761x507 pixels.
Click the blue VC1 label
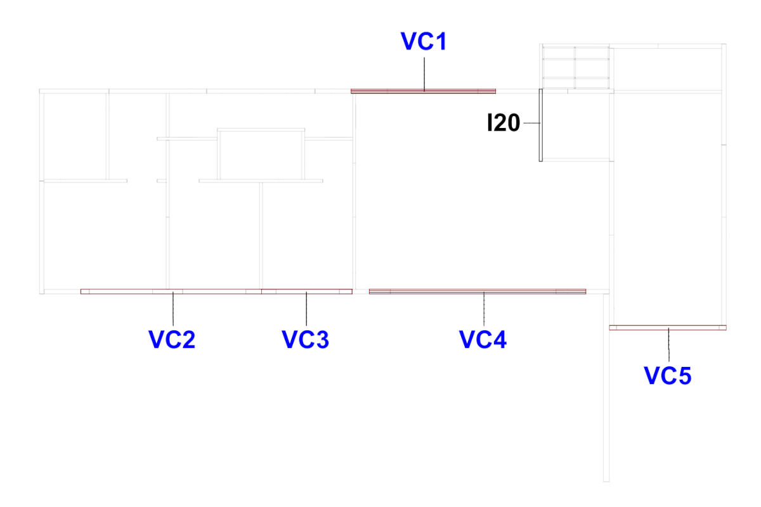click(x=424, y=41)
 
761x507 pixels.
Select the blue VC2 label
click(x=172, y=339)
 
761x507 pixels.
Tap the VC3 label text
click(x=306, y=339)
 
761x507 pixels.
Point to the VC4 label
click(x=483, y=339)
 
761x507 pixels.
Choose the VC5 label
click(x=668, y=376)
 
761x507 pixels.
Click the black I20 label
click(x=504, y=123)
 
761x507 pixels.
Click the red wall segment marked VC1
click(x=424, y=91)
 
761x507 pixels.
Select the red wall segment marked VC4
click(x=478, y=292)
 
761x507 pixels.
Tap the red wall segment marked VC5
click(x=668, y=328)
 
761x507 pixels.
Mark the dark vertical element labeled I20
click(x=540, y=125)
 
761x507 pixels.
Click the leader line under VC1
click(x=424, y=74)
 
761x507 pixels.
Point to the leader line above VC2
click(x=173, y=309)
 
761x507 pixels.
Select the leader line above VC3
click(x=306, y=309)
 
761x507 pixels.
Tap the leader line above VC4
click(x=484, y=309)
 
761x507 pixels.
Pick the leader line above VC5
click(x=668, y=345)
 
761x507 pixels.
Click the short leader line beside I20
click(x=531, y=123)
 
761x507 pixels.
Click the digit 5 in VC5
click(x=684, y=376)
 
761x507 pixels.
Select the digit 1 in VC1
click(x=440, y=41)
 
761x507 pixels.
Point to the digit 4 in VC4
click(x=498, y=339)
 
